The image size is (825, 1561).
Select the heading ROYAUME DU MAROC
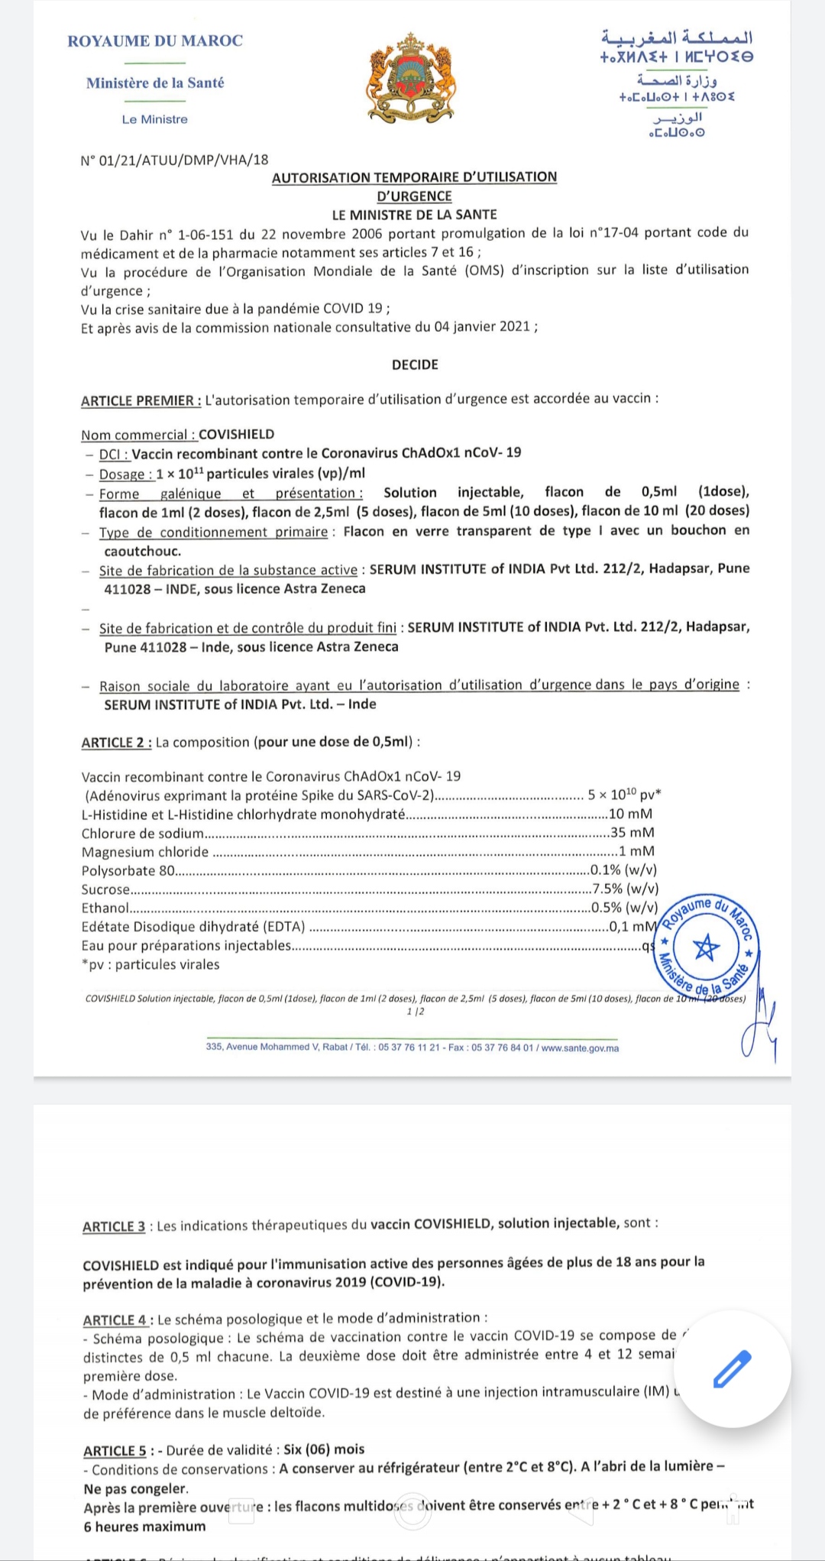click(x=155, y=40)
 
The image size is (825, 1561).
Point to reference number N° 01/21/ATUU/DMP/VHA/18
click(x=174, y=160)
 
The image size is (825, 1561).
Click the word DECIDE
click(x=415, y=364)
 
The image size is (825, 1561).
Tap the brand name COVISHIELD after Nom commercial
click(x=236, y=434)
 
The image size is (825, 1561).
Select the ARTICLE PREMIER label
click(x=141, y=400)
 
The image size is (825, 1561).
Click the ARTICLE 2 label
click(x=116, y=742)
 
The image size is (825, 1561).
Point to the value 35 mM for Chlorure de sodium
click(x=632, y=832)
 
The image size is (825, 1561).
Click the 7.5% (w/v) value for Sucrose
click(x=626, y=889)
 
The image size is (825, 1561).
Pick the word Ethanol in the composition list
click(x=105, y=908)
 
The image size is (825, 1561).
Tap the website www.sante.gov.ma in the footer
click(x=580, y=1048)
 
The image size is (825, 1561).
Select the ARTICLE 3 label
click(x=114, y=1226)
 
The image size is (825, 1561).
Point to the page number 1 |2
click(x=416, y=1012)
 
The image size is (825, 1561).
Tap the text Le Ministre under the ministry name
click(x=154, y=119)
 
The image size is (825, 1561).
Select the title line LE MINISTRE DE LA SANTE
click(x=414, y=215)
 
